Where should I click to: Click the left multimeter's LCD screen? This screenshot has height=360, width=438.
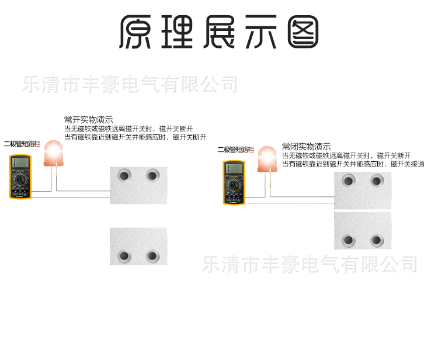[19, 164]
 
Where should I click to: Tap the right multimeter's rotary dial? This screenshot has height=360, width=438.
[234, 185]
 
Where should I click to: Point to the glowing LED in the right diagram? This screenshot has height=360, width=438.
[267, 158]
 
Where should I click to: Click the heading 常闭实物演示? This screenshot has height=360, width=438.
[306, 147]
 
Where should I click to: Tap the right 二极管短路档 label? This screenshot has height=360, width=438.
[235, 150]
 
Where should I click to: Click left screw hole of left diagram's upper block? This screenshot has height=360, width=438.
[124, 175]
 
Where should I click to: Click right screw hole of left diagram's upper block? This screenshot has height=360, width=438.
[152, 175]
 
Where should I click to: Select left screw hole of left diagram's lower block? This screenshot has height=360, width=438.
[124, 256]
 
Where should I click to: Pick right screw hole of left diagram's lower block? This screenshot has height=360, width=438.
[152, 256]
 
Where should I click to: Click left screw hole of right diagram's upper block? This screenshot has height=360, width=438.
[349, 181]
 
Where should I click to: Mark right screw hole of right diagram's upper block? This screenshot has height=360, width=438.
[377, 181]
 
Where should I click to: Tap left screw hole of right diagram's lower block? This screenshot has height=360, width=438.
[349, 240]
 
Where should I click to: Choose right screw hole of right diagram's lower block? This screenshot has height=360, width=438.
[377, 240]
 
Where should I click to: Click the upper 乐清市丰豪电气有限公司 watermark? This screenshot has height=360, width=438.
[130, 84]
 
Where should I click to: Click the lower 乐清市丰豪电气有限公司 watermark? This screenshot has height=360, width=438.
[310, 264]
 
